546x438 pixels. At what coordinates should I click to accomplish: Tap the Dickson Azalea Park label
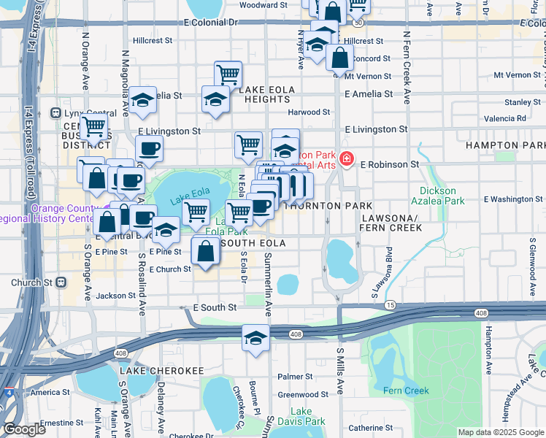442,196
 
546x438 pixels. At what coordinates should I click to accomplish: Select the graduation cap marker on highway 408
255,338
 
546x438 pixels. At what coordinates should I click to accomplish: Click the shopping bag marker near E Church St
206,252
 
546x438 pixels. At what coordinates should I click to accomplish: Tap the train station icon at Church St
61,282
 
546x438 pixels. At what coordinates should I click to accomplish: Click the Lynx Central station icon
54,113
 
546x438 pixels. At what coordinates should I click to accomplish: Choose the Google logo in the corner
24,429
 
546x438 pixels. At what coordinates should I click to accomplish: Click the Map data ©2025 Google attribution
499,432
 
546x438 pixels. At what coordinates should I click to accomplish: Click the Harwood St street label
309,112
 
